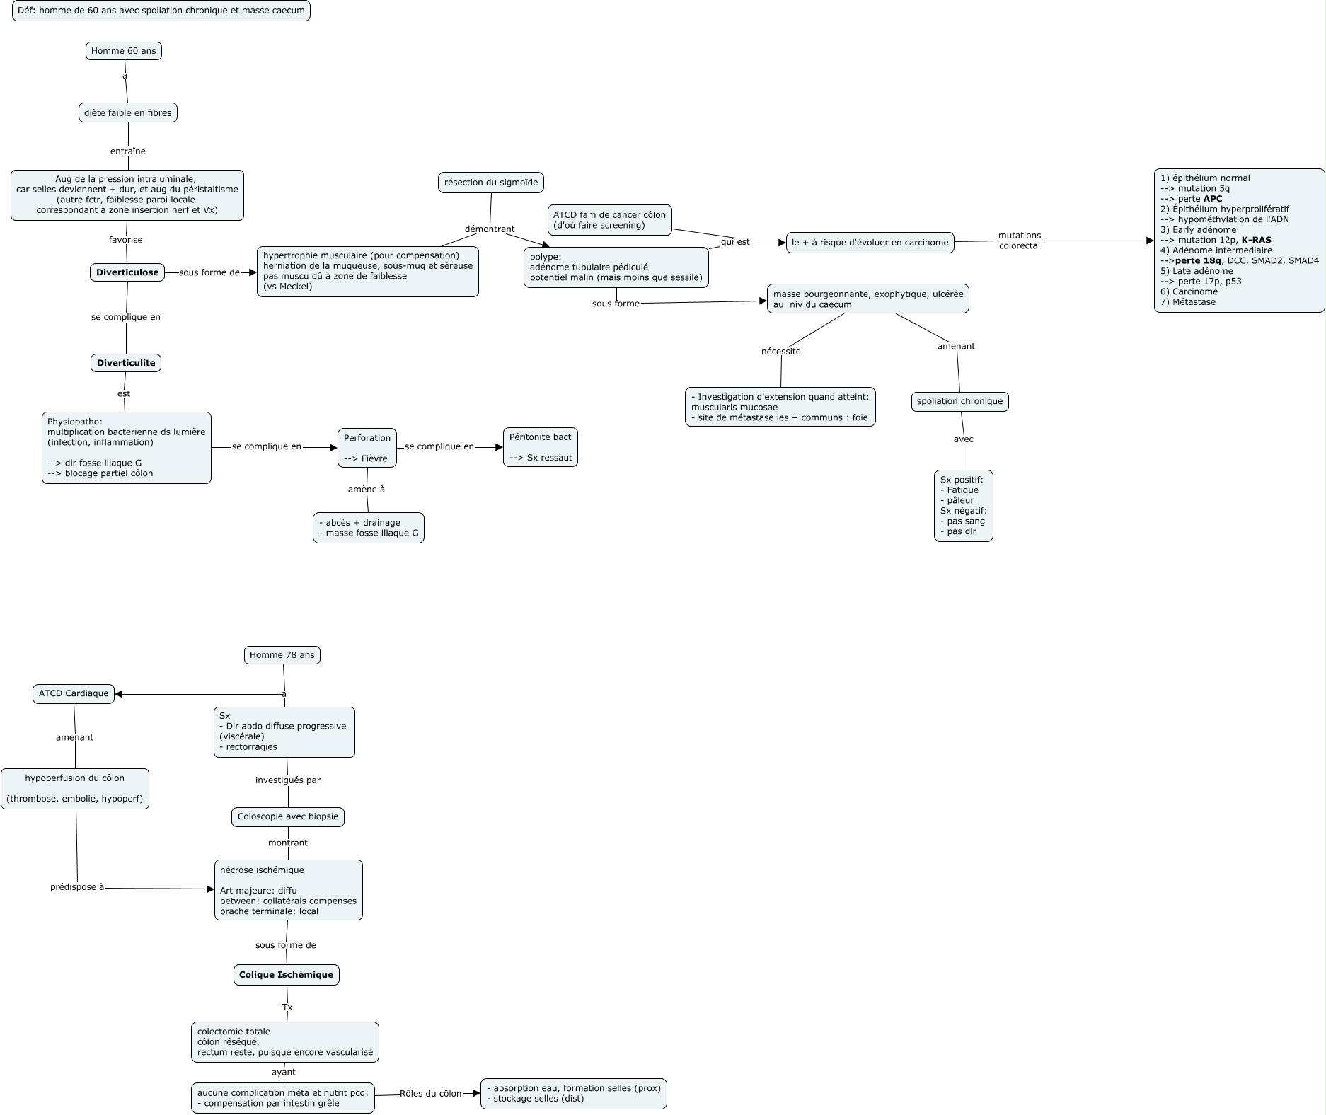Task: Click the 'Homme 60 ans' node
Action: coord(124,51)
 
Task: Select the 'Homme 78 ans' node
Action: coord(282,655)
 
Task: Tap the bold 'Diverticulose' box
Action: coord(127,272)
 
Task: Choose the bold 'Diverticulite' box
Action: coord(126,363)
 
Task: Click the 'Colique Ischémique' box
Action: coord(286,975)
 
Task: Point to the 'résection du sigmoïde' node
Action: coord(491,183)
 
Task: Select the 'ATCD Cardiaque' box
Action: coord(74,693)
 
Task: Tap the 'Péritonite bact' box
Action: coord(540,447)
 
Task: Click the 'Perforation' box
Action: coord(367,448)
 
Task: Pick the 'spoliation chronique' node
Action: coord(959,401)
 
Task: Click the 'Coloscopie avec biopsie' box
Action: coord(288,816)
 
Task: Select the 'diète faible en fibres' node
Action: coord(127,113)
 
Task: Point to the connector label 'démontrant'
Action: coord(490,229)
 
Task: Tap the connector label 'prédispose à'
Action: coord(77,887)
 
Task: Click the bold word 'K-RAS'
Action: coord(1256,240)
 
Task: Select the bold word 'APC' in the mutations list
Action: coord(1212,199)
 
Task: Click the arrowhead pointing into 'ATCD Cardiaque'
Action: coord(119,694)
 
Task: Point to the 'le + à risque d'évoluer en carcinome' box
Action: coord(870,243)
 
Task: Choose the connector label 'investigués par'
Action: coord(288,780)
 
